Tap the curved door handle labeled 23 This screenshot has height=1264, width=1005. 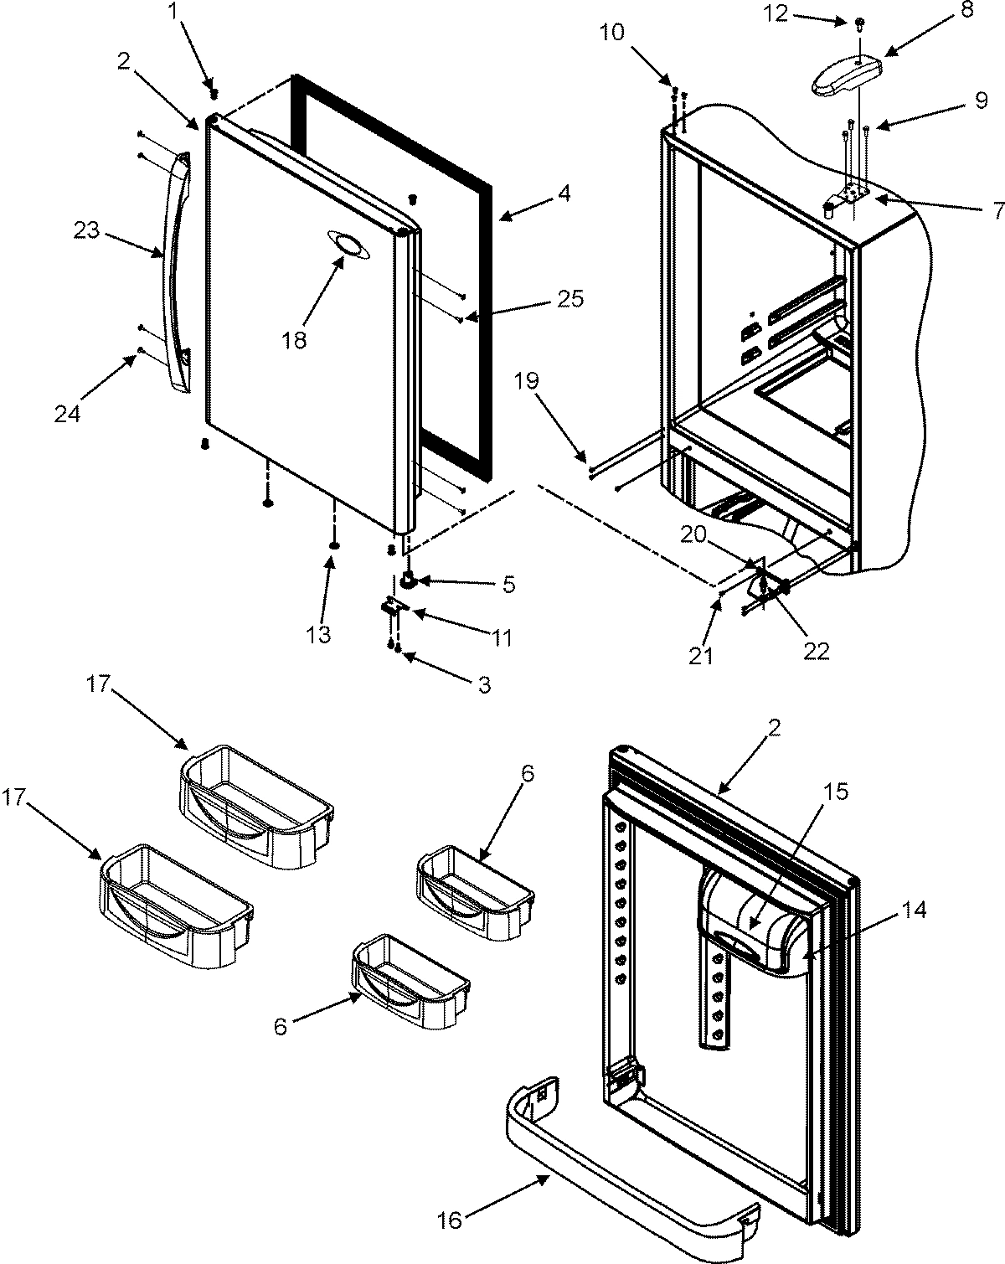point(178,268)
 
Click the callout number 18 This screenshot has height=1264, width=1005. point(295,340)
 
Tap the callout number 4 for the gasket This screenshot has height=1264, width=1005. point(564,194)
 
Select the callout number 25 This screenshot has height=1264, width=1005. point(570,299)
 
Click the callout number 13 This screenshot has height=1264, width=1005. point(319,634)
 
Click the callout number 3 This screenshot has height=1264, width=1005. point(483,685)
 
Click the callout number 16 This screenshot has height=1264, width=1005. point(450,1220)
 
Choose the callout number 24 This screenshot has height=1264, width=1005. point(68,412)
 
